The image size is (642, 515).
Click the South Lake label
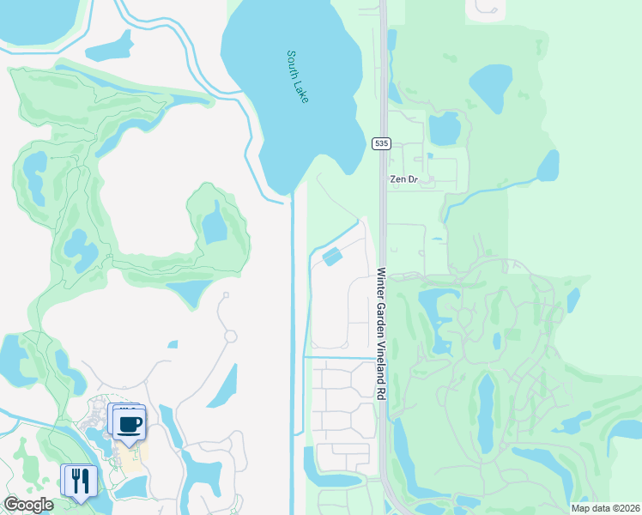click(298, 76)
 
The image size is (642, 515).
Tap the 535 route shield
click(382, 143)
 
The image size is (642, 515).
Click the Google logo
click(28, 505)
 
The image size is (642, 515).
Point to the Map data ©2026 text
click(605, 508)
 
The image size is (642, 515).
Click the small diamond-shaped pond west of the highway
click(332, 256)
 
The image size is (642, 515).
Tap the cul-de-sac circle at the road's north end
click(225, 297)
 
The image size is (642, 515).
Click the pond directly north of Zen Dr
click(444, 129)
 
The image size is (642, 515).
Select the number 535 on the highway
click(382, 143)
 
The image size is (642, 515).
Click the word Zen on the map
click(397, 179)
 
